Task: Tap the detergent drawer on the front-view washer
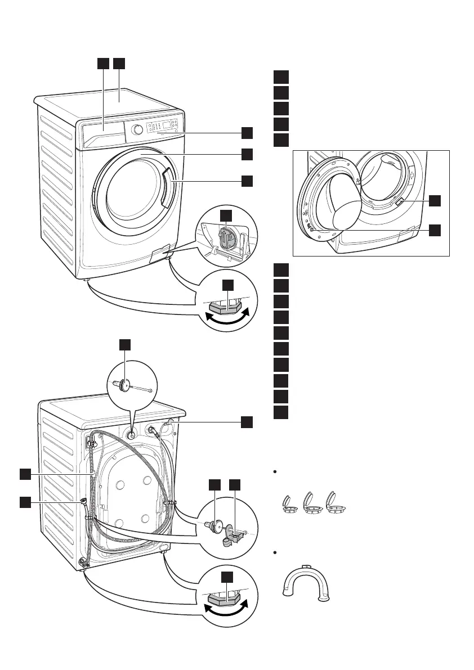click(103, 134)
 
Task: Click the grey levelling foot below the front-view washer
click(226, 307)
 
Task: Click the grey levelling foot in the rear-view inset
click(226, 599)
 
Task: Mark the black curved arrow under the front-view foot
click(225, 318)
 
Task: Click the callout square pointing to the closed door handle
click(247, 181)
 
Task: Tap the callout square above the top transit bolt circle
click(127, 345)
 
